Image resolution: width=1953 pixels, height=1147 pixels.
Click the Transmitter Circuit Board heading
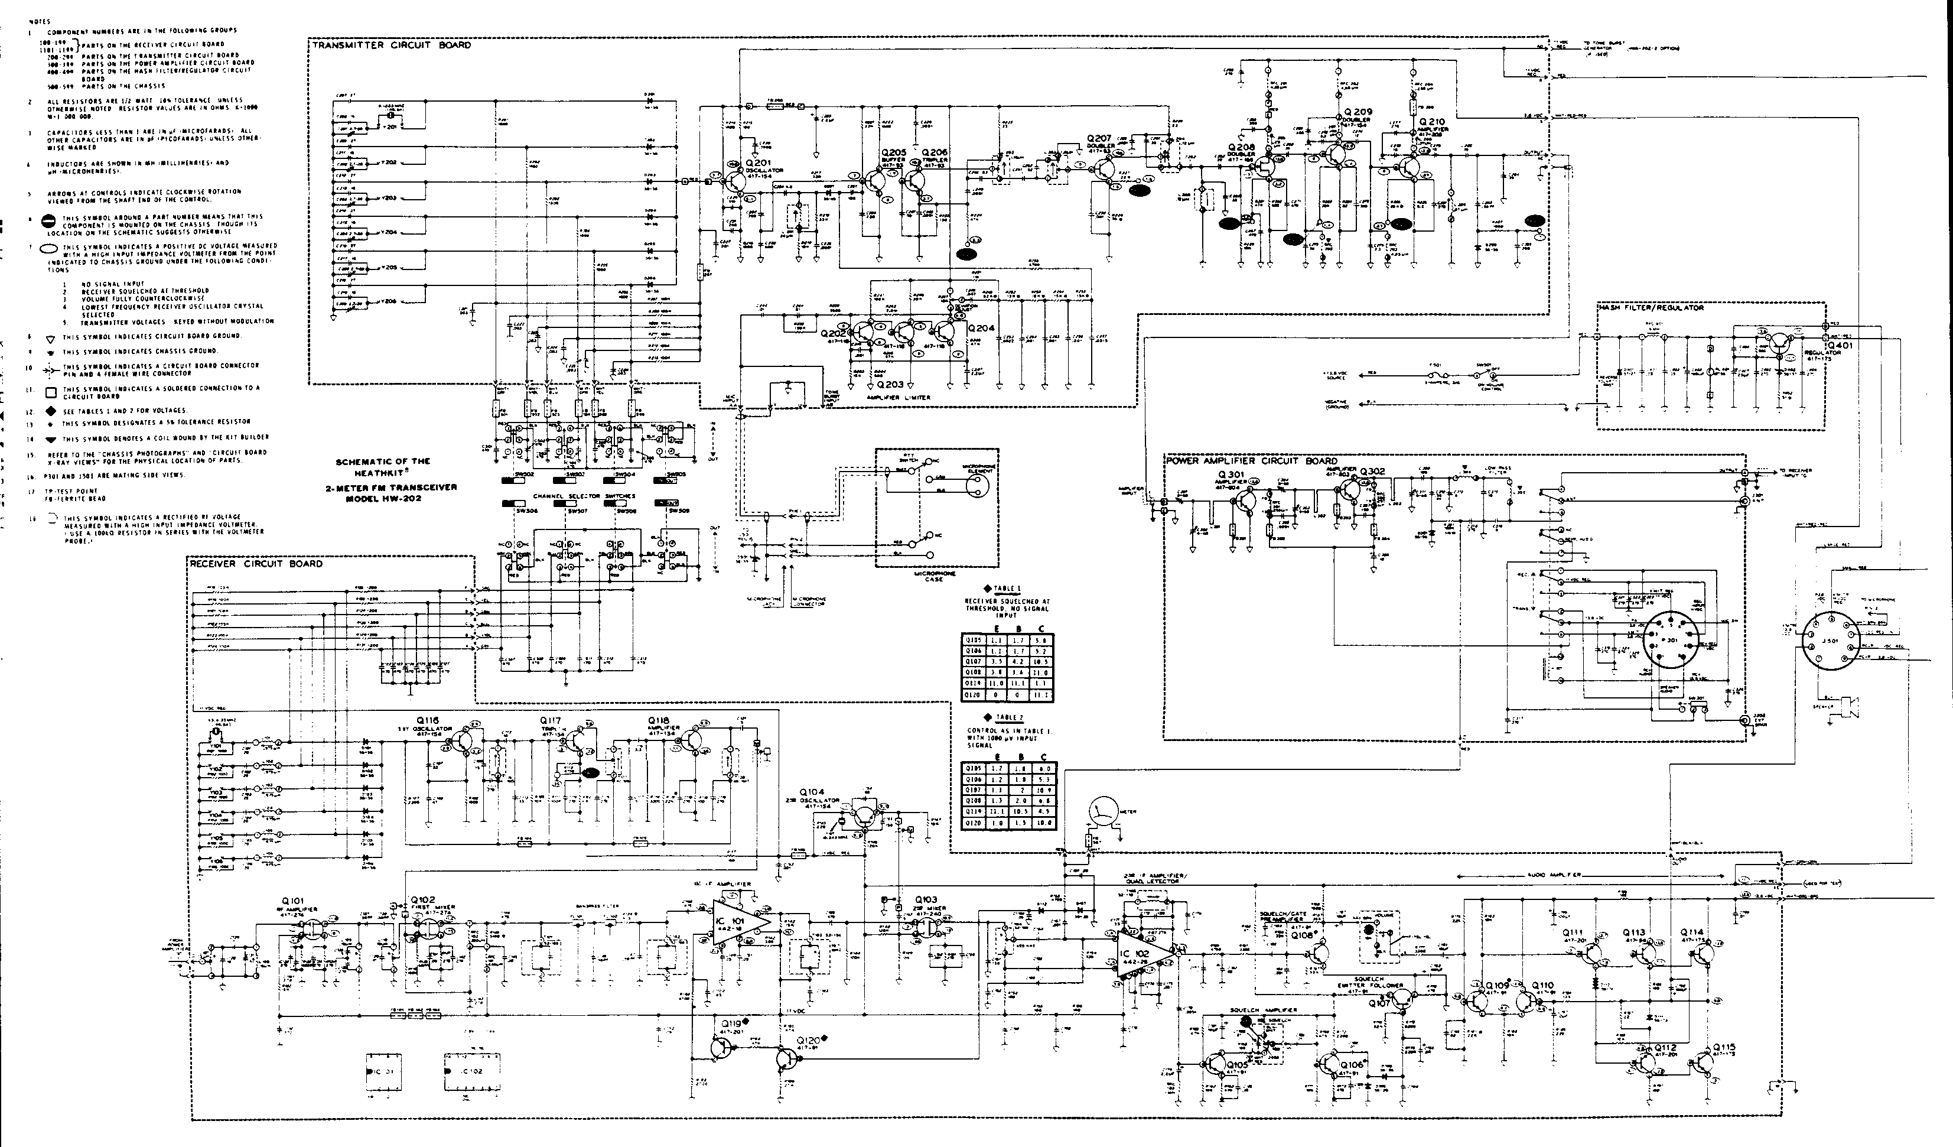coord(392,45)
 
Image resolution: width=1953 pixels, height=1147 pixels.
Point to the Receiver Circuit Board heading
coord(256,563)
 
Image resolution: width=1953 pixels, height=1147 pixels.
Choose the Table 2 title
coord(1007,717)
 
